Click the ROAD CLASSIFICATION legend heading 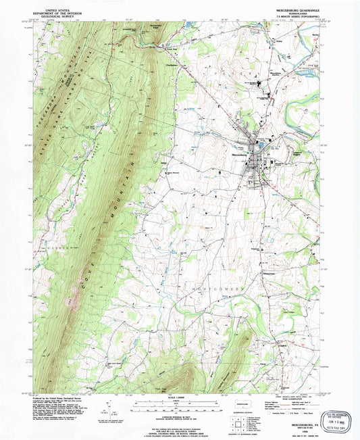click(x=284, y=397)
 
